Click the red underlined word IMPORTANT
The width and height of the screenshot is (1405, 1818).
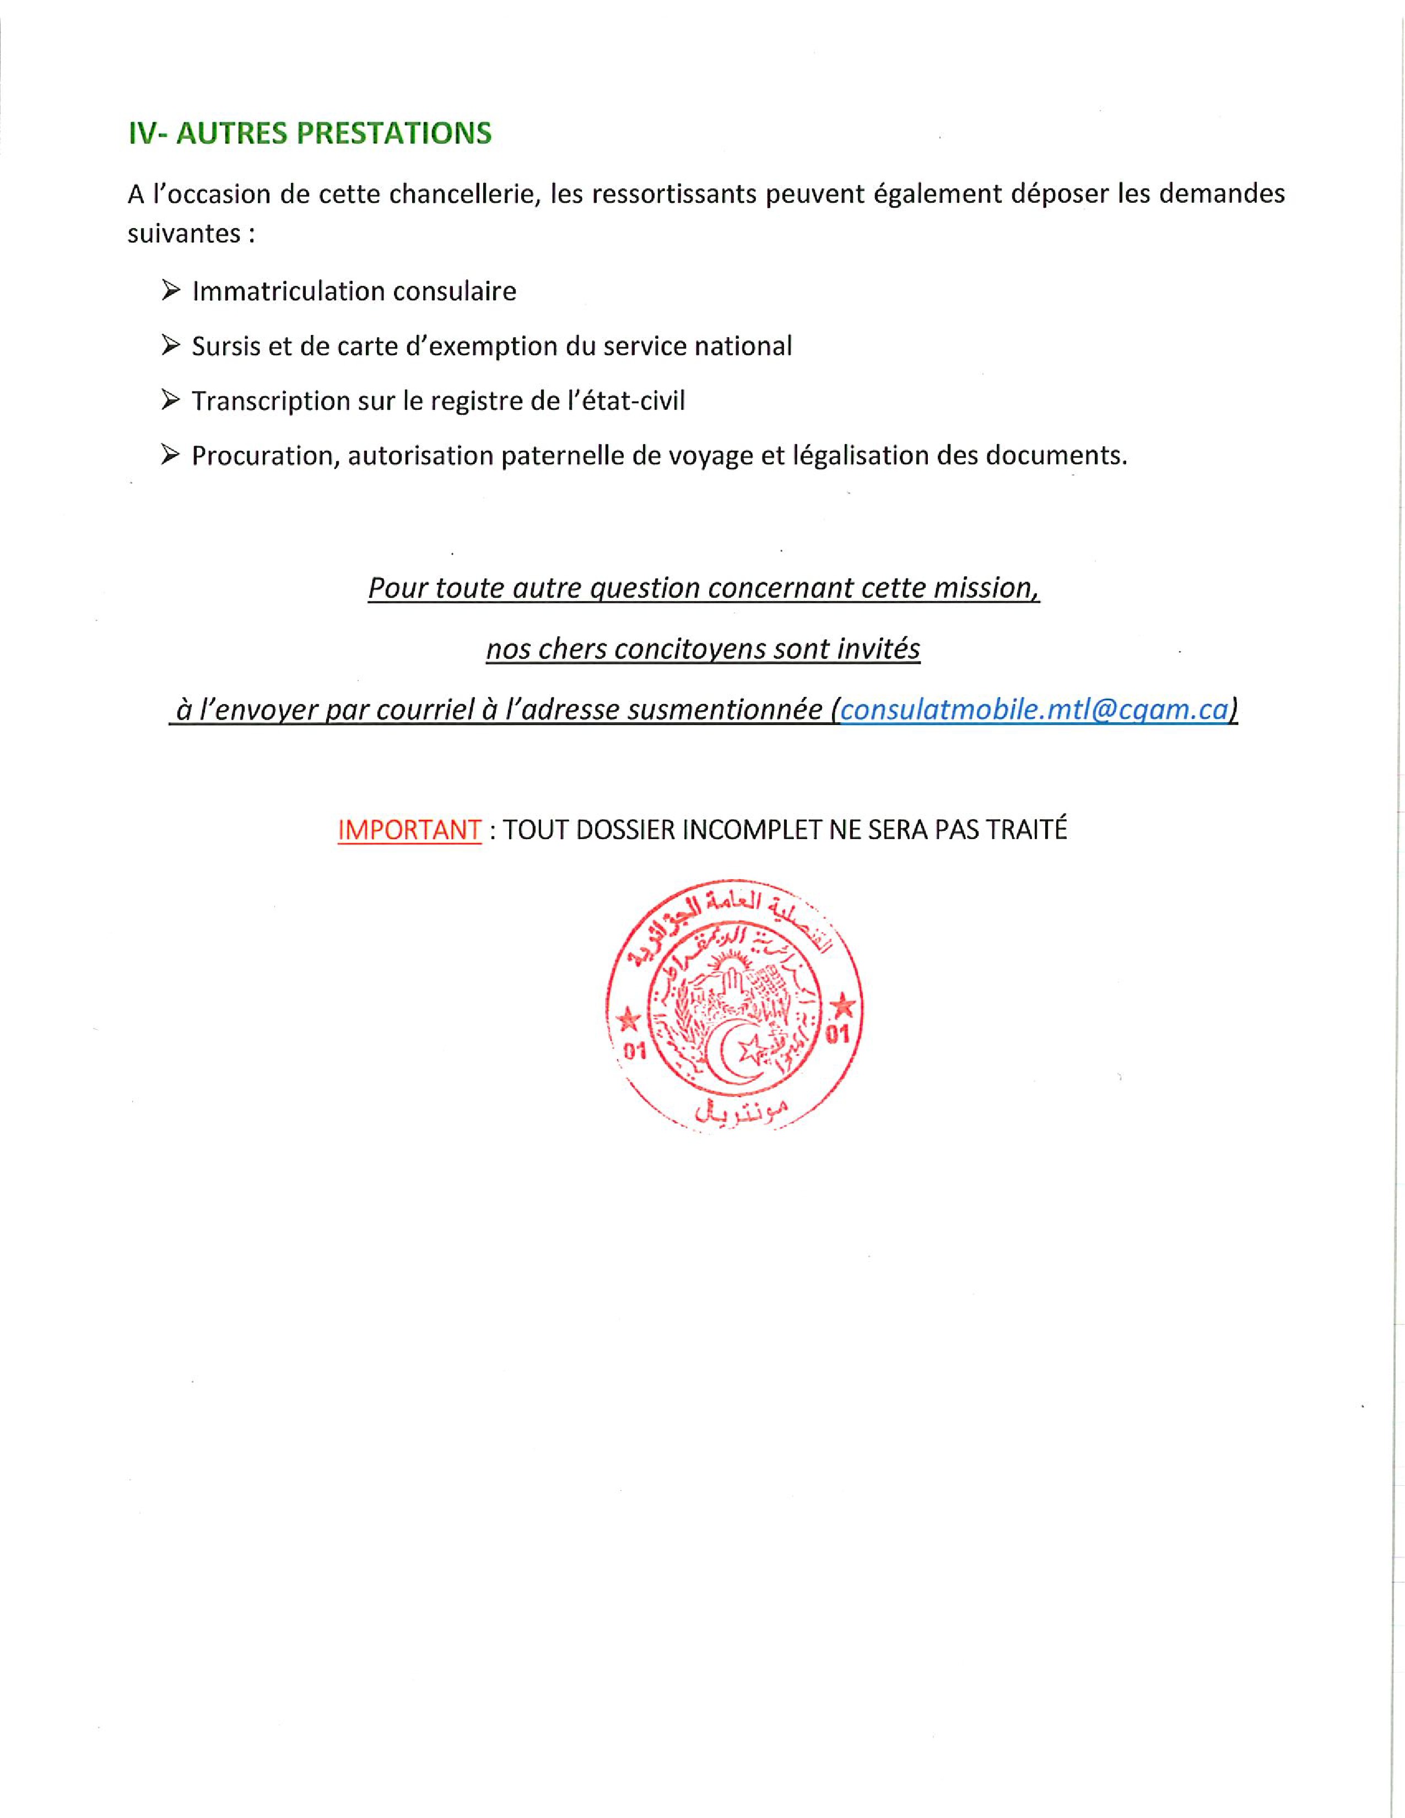click(409, 830)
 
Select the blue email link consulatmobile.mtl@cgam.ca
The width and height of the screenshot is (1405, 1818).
click(1035, 709)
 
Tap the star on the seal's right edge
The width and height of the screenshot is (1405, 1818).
click(842, 1007)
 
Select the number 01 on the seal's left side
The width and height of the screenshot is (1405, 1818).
click(635, 1051)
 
